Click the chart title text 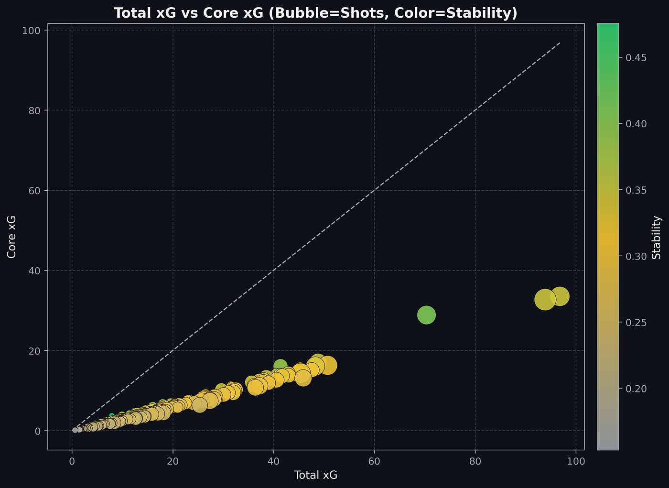(x=315, y=13)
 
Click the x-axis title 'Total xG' (x=316, y=475)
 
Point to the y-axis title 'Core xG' (x=12, y=237)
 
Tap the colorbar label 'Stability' (x=657, y=237)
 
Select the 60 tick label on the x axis (x=374, y=462)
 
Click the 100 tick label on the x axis (x=576, y=462)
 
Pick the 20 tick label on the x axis (x=173, y=462)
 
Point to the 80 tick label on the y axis (x=36, y=110)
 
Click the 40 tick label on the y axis (x=36, y=271)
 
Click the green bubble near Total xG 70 (x=426, y=314)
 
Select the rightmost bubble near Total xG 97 (x=560, y=297)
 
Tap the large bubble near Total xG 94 (x=545, y=300)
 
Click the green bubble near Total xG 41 (x=280, y=366)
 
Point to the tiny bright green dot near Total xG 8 (x=112, y=415)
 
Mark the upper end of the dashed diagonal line (x=560, y=43)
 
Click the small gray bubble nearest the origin (x=75, y=430)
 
